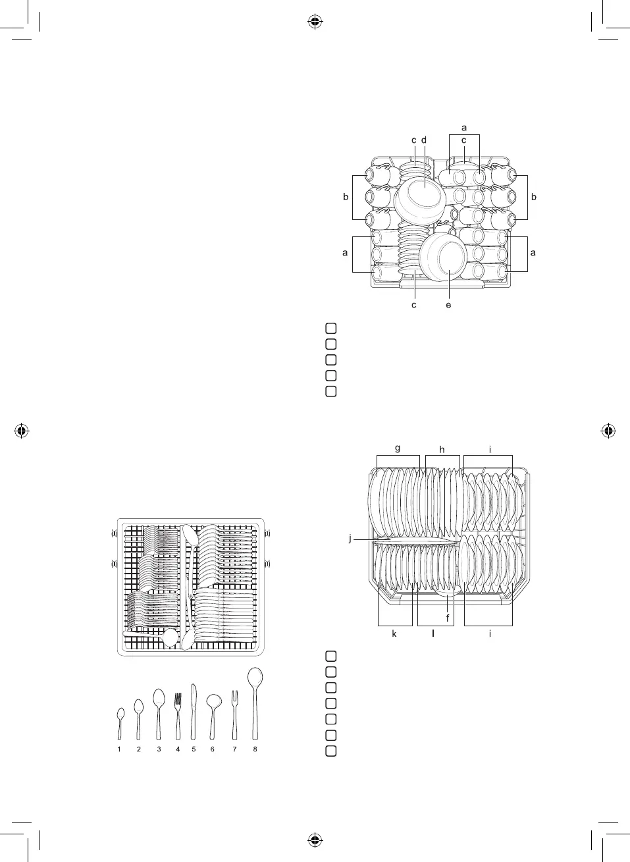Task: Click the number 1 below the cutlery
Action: (x=119, y=749)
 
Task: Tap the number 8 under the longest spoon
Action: (x=255, y=749)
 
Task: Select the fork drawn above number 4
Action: (x=177, y=716)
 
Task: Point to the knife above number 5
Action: (x=194, y=711)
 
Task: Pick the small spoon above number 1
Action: (x=120, y=722)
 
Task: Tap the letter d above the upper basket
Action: (x=424, y=140)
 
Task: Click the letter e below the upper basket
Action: (x=448, y=305)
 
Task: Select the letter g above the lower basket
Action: (x=398, y=448)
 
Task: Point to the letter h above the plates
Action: (x=442, y=450)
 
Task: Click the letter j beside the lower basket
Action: (x=350, y=538)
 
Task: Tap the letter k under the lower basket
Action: (x=394, y=633)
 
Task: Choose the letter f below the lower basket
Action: (x=448, y=618)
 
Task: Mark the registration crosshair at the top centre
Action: (x=315, y=22)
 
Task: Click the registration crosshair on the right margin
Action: (x=608, y=431)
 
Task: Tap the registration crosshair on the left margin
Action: (x=22, y=431)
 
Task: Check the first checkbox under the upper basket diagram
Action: (x=331, y=328)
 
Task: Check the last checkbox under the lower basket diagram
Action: (x=331, y=751)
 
